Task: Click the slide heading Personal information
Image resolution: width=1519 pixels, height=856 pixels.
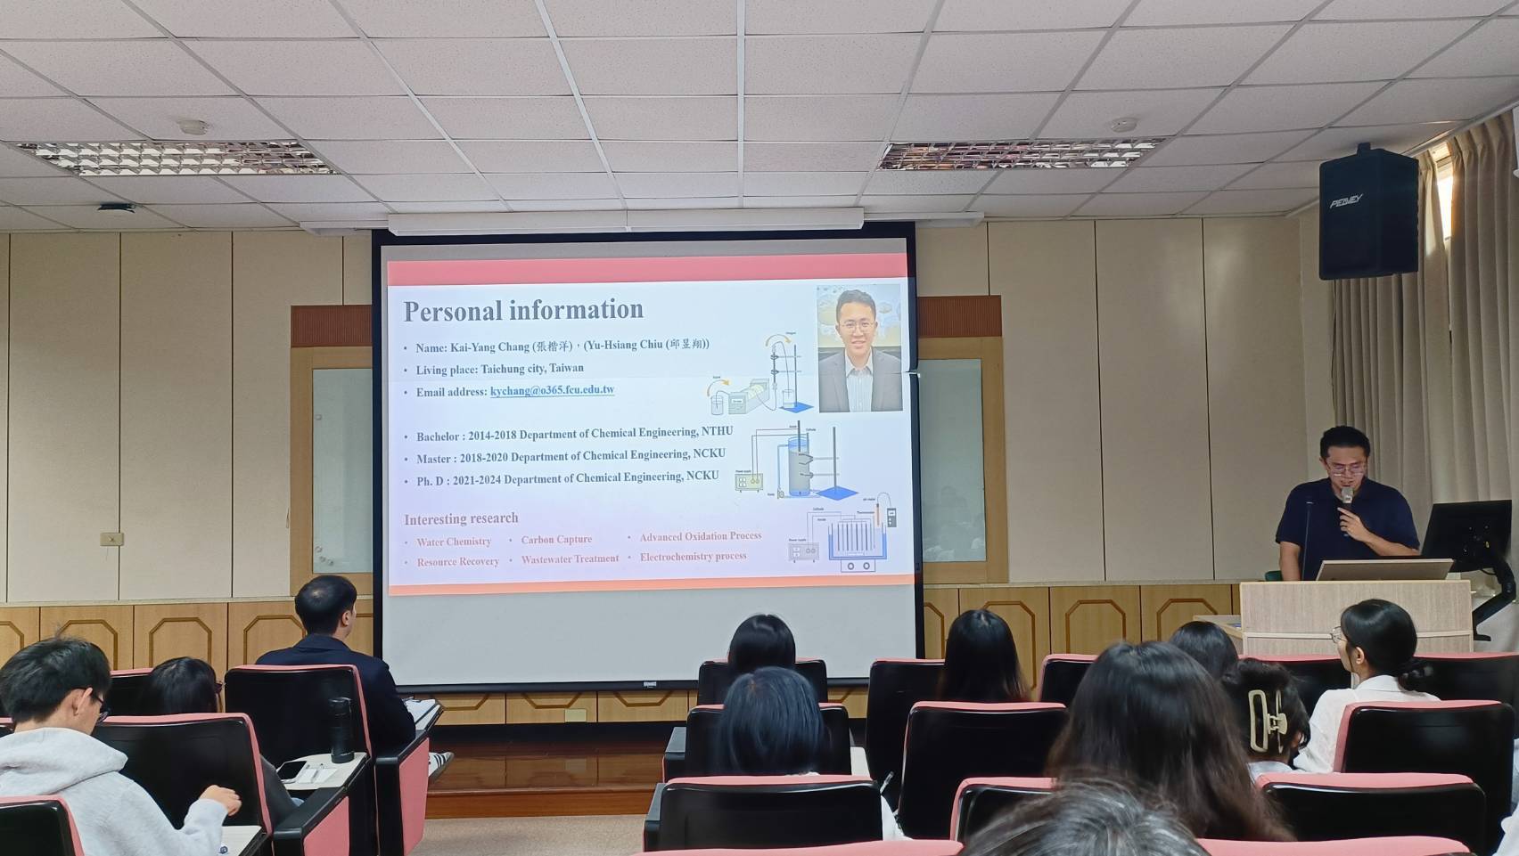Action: [523, 310]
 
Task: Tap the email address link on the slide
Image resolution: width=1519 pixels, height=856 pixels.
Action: [552, 390]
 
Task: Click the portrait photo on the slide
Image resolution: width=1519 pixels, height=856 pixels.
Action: [859, 348]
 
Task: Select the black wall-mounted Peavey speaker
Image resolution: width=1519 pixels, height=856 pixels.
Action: [1367, 213]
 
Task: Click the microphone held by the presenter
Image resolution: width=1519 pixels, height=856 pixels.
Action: [1346, 498]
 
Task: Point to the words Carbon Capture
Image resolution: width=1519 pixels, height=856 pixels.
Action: [556, 540]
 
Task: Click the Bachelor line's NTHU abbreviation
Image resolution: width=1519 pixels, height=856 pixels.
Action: [717, 431]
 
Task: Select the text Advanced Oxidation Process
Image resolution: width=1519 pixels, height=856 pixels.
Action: [700, 536]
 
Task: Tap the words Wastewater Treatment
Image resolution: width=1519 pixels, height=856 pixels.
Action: [570, 559]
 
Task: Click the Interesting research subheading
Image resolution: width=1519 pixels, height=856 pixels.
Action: [461, 518]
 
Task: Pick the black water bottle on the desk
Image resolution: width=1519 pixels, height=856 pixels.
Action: [341, 730]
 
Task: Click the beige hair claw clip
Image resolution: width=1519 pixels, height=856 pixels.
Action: [1267, 719]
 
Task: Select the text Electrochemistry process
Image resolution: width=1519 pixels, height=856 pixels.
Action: [693, 557]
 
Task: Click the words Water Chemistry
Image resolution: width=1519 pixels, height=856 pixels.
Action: [454, 542]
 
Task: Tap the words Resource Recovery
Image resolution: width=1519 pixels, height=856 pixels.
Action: [457, 562]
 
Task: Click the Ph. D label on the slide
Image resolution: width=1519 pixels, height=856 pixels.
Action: [429, 481]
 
